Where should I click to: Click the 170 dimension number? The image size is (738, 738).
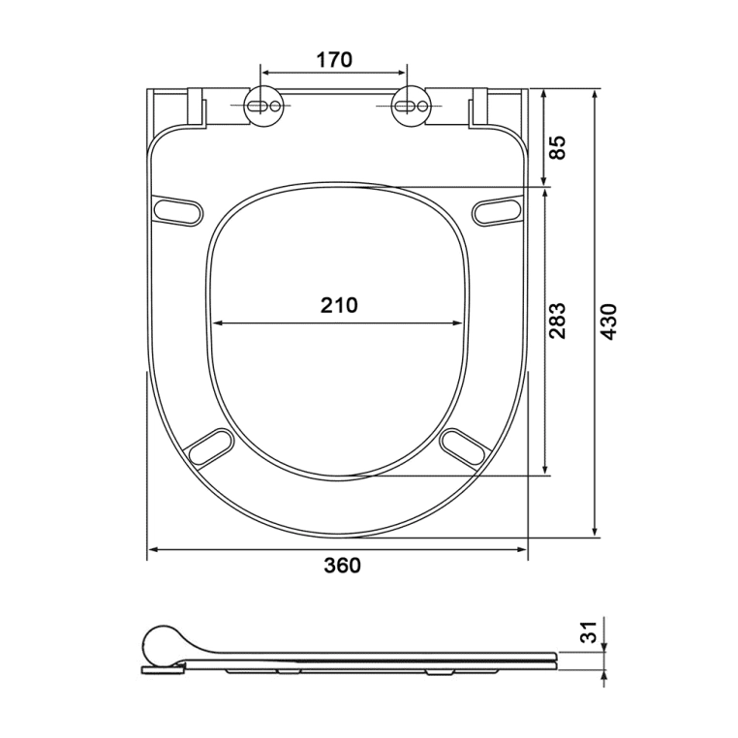pyautogui.click(x=334, y=60)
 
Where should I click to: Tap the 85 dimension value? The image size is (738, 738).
pyautogui.click(x=558, y=147)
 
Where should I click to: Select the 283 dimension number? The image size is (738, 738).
pyautogui.click(x=558, y=321)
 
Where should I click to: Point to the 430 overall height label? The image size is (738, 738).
pyautogui.click(x=609, y=322)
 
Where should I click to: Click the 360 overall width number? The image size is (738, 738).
pyautogui.click(x=342, y=566)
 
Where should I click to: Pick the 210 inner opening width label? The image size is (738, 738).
pyautogui.click(x=339, y=305)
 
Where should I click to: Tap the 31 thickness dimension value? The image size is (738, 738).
pyautogui.click(x=588, y=631)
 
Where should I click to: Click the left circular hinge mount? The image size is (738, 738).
pyautogui.click(x=264, y=107)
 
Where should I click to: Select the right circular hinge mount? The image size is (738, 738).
pyautogui.click(x=411, y=107)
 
